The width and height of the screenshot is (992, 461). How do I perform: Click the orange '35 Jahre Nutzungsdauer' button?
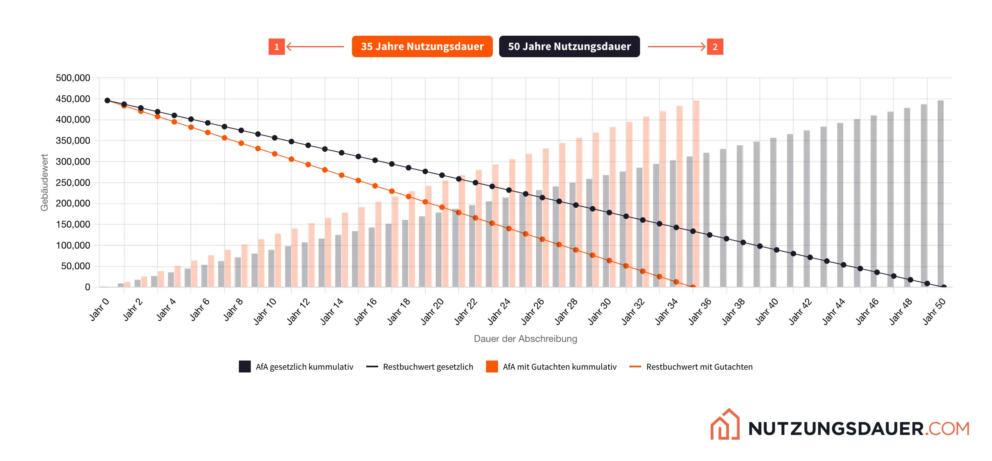[x=422, y=46]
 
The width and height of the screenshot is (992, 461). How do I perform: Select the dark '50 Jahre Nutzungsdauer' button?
[x=569, y=46]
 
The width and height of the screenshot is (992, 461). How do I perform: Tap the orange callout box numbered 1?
[x=277, y=47]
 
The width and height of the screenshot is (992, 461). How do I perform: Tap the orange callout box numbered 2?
[x=715, y=47]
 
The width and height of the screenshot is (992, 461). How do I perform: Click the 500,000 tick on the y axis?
[x=73, y=78]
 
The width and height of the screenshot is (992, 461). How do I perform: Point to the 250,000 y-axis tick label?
[x=73, y=183]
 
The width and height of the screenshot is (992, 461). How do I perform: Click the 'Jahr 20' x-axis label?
[x=432, y=312]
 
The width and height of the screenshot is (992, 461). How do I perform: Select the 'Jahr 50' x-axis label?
[x=934, y=312]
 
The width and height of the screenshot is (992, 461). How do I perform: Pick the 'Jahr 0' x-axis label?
[x=99, y=309]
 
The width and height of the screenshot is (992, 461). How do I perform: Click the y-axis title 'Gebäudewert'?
[x=44, y=182]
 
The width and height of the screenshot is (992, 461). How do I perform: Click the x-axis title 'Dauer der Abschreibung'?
[x=525, y=339]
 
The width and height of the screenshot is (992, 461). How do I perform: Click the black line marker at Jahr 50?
[x=944, y=287]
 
